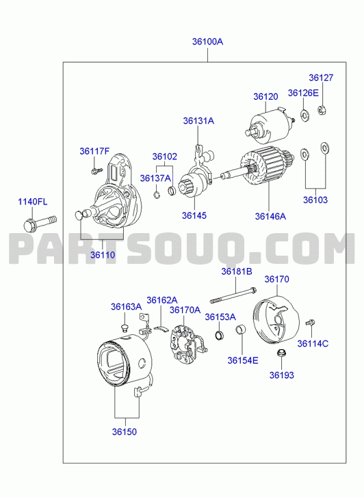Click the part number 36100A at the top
(x=207, y=42)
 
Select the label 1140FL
(x=32, y=202)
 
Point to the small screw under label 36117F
(x=96, y=171)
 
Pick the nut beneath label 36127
(x=322, y=109)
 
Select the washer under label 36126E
(x=304, y=115)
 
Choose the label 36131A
(x=198, y=121)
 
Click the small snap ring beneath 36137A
(x=157, y=195)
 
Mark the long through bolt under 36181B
(x=233, y=295)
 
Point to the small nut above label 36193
(x=281, y=353)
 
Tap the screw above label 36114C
(x=310, y=323)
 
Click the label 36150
(x=125, y=431)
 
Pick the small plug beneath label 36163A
(x=125, y=328)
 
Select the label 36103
(x=315, y=200)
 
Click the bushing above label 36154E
(x=241, y=330)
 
